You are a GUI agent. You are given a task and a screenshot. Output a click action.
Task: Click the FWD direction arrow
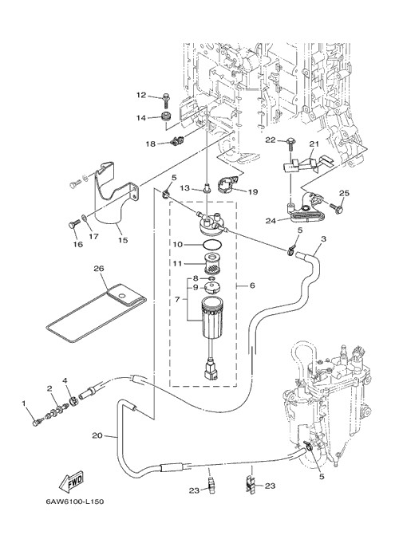click(71, 482)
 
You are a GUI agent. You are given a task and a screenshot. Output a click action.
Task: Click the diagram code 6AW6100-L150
click(74, 502)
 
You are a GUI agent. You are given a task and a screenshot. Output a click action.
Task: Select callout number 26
click(99, 269)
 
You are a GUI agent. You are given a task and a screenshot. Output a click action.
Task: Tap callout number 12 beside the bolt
click(141, 95)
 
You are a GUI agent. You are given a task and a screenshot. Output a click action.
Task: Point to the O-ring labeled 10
click(213, 243)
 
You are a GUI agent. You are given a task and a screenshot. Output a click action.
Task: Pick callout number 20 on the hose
click(97, 435)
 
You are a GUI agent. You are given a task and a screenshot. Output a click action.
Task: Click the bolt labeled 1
click(36, 423)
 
